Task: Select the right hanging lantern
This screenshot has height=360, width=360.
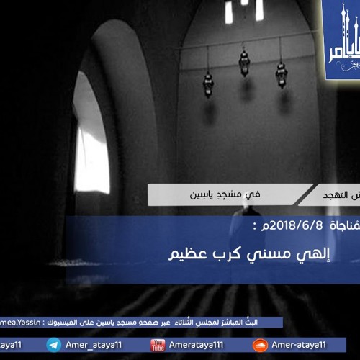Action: click(x=282, y=74)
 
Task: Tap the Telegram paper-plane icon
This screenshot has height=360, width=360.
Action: click(x=53, y=346)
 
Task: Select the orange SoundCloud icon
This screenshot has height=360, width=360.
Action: click(x=260, y=346)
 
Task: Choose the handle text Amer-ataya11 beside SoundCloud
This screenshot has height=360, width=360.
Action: click(x=301, y=346)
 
